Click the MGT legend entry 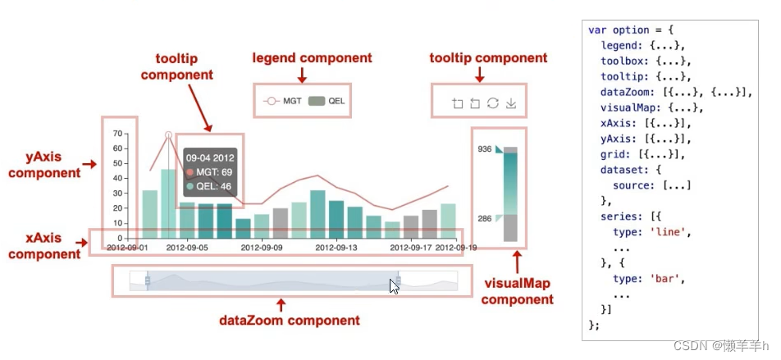[283, 102]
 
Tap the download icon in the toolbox [511, 103]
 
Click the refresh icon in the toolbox [492, 103]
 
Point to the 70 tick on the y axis [117, 134]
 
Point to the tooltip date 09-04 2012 [209, 157]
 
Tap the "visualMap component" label [517, 291]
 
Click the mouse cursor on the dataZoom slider [394, 286]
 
